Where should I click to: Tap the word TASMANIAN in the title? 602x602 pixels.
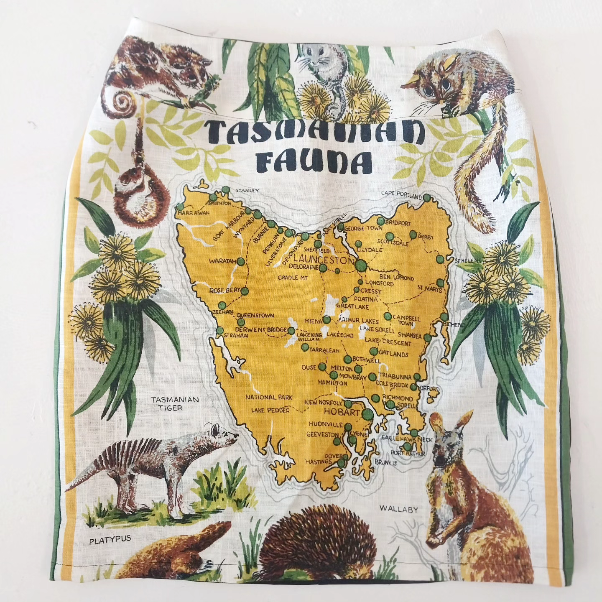point(312,133)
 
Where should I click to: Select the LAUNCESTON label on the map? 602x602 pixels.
point(324,260)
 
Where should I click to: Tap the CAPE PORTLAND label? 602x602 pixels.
point(401,194)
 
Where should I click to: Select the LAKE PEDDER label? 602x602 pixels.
point(270,410)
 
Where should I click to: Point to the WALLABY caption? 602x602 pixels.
point(399,509)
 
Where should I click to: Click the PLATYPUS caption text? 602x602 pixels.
point(110,540)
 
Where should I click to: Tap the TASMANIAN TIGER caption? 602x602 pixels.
point(175,403)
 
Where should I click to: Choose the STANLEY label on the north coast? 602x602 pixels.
point(247,191)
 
